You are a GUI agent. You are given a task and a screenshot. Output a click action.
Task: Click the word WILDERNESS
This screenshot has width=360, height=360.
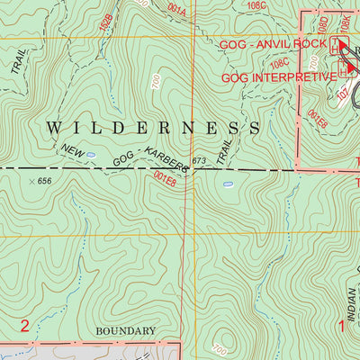pos(153,129)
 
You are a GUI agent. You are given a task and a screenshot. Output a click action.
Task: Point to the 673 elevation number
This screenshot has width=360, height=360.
pos(199,161)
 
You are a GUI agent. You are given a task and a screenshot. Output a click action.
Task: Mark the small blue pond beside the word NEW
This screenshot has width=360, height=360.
pos(91,155)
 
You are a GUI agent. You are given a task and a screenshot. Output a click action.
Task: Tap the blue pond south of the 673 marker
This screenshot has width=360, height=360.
pos(228,184)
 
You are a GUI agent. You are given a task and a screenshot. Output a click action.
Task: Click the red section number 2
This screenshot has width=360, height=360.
pos(25,325)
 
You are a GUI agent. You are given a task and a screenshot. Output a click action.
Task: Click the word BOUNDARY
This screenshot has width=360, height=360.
pos(125,331)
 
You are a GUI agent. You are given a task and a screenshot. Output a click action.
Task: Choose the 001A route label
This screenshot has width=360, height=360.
pos(175,12)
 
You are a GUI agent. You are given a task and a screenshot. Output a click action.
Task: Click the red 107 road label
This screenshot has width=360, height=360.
pos(343,91)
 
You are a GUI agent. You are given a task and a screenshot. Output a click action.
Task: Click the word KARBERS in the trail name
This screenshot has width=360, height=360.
pos(163,164)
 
